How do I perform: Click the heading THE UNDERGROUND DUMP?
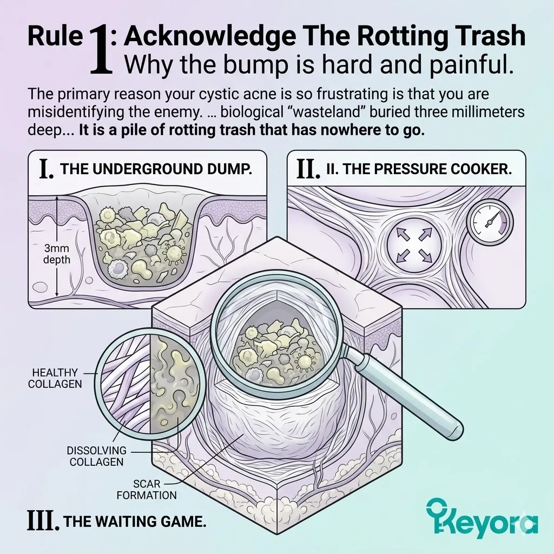(x=156, y=169)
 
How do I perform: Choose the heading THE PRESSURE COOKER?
(x=419, y=169)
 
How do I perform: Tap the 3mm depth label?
(x=56, y=254)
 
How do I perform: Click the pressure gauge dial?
(x=490, y=221)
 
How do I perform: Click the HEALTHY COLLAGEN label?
(x=55, y=378)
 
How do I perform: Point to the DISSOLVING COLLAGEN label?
(x=96, y=456)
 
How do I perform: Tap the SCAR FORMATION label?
(x=147, y=489)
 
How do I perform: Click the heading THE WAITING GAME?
(x=135, y=522)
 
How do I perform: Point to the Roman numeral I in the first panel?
(x=47, y=169)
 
